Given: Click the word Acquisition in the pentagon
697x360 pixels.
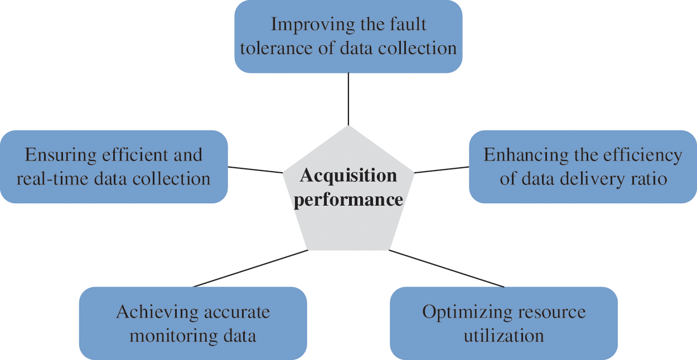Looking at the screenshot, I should point(348,176).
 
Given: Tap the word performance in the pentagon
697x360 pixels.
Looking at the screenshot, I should point(348,200).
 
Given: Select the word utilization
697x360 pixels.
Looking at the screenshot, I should point(504,336).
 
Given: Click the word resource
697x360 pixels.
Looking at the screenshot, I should point(554,312).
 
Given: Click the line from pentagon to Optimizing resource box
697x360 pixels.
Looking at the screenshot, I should point(446,269).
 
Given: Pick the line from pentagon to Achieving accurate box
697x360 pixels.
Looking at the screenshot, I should point(251,269).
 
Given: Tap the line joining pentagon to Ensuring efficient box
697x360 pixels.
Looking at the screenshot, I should point(255,169).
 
